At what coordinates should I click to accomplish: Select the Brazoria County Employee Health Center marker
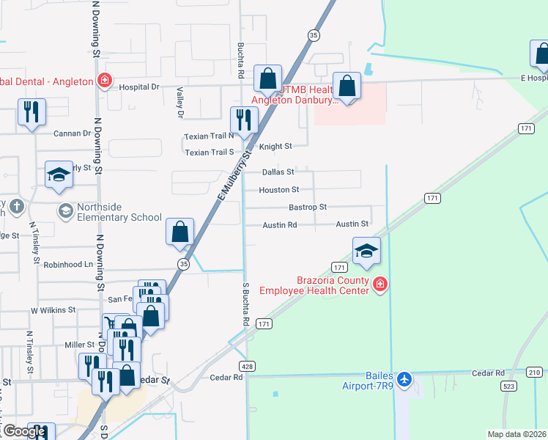tap(379, 285)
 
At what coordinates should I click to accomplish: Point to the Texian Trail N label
tap(209, 136)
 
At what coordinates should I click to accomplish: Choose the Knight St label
tap(275, 147)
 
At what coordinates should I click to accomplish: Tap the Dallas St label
tap(278, 172)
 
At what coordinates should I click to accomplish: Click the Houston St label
tap(278, 190)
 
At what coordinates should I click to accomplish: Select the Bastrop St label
tap(307, 208)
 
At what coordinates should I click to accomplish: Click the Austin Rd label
tap(279, 225)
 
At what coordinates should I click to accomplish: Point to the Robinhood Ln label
tap(69, 265)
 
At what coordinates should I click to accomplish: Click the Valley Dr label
tap(179, 103)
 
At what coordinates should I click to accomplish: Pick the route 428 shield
tap(248, 364)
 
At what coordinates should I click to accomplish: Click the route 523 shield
tap(507, 385)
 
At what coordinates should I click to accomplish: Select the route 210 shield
tap(534, 373)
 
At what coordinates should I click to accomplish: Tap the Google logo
tap(24, 431)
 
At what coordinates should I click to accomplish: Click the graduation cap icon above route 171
tap(366, 250)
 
